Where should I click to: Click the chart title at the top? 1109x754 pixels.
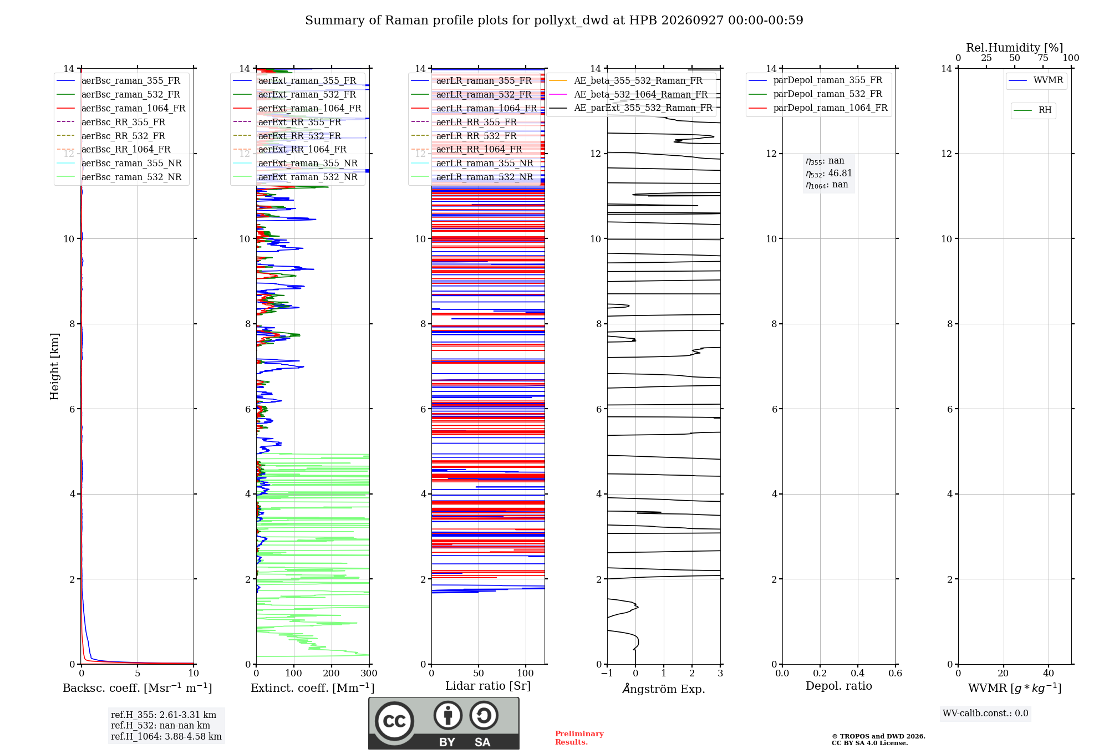(x=554, y=21)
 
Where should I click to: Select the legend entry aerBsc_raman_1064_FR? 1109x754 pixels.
(x=133, y=108)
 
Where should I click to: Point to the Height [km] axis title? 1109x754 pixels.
(x=54, y=366)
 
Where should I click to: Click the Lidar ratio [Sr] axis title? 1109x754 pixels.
(x=488, y=686)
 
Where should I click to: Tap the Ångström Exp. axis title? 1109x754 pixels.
(x=664, y=689)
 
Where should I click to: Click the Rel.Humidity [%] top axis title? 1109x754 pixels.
(x=1015, y=48)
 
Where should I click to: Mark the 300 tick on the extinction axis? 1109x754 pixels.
(x=369, y=673)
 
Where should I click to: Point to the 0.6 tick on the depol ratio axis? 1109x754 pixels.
(x=895, y=673)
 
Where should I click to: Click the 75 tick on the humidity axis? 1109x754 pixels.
(x=1043, y=58)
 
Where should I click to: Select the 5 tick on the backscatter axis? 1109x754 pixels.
(x=138, y=673)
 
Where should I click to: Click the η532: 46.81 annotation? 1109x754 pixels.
(x=829, y=173)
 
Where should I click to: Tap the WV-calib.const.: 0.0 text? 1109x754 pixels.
(x=985, y=714)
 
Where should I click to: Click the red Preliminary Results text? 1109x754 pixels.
(x=579, y=738)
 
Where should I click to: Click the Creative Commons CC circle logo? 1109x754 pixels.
(x=394, y=721)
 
